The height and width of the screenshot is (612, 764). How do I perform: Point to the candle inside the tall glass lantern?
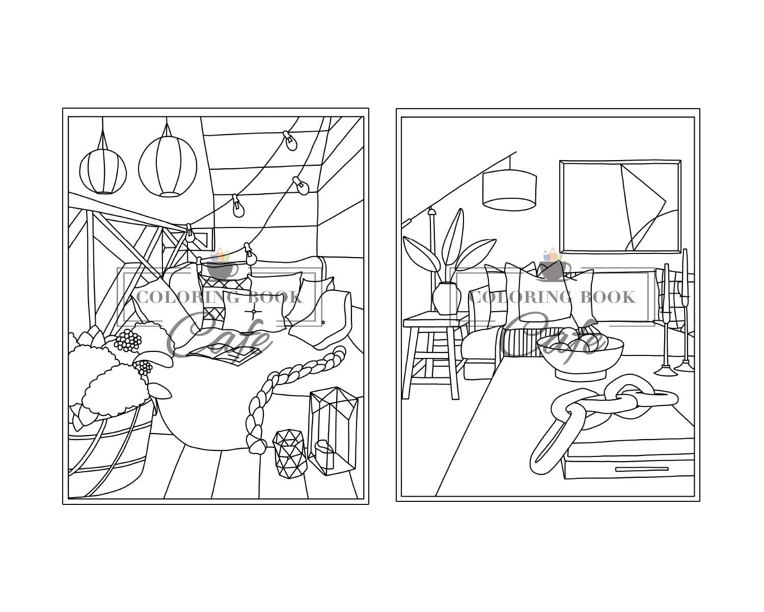click(x=324, y=453)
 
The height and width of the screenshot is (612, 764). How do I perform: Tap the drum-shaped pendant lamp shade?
click(x=509, y=190)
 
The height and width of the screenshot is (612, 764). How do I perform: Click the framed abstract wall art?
click(x=620, y=206)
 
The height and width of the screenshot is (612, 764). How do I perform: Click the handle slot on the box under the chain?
click(x=642, y=469)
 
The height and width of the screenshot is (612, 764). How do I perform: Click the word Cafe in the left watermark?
click(x=219, y=334)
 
